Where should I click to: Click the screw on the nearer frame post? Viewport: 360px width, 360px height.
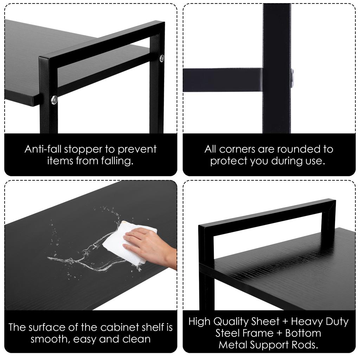(x=54, y=100)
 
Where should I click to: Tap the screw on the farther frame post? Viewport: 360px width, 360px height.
(x=162, y=58)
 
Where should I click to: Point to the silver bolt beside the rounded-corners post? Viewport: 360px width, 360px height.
(x=292, y=75)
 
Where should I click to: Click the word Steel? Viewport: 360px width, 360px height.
(x=227, y=333)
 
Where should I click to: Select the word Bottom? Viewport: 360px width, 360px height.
(x=303, y=333)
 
